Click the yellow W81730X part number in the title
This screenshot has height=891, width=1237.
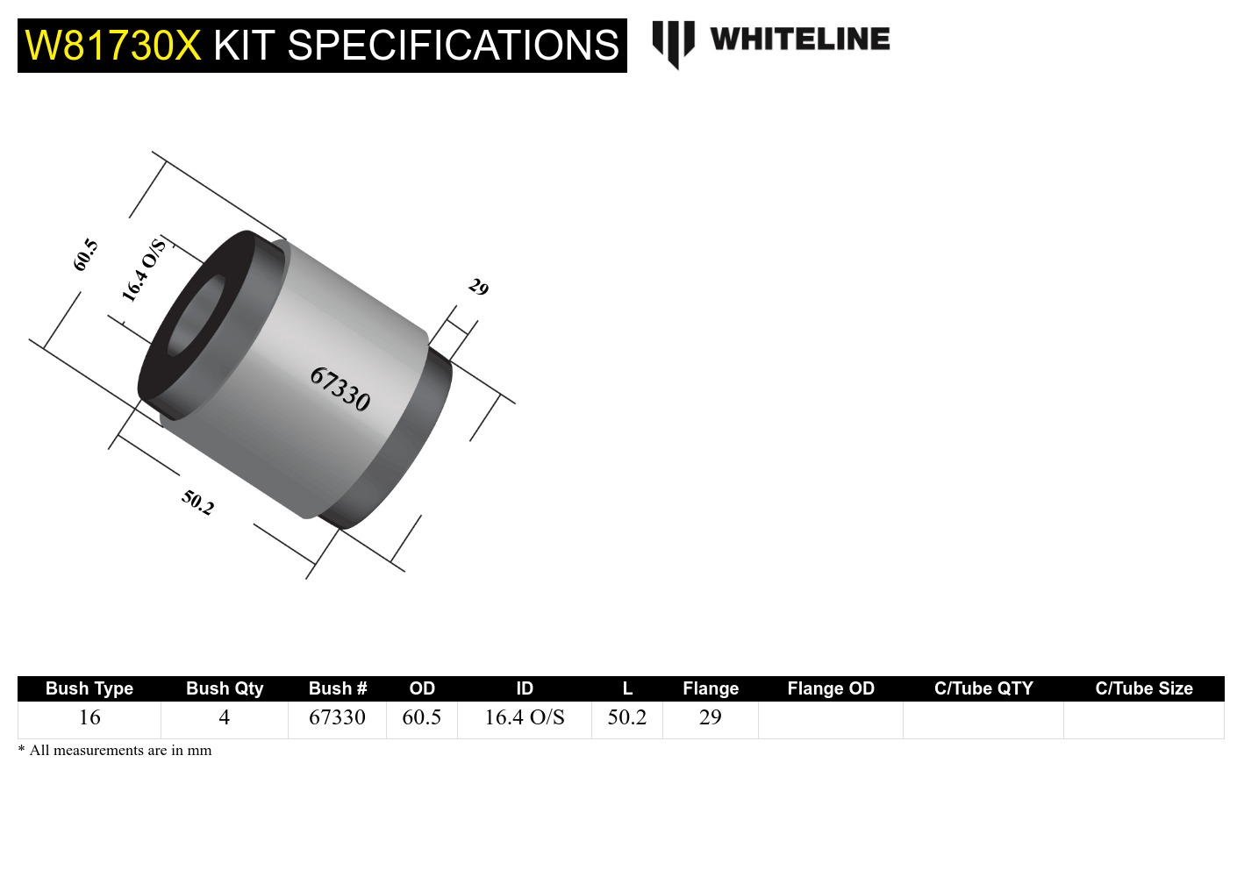tap(113, 46)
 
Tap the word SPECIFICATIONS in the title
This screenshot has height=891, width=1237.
tap(453, 46)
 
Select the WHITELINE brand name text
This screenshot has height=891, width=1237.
tap(799, 39)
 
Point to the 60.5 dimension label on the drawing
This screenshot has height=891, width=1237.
tap(85, 254)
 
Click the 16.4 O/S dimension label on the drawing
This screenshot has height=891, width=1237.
tap(143, 270)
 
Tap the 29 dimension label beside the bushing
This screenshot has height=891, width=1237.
tap(478, 287)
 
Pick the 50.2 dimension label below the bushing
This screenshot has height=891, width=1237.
tap(197, 503)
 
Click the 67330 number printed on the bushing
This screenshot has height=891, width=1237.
tap(340, 389)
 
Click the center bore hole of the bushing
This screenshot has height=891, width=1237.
tap(195, 316)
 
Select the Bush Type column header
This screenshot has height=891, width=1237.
tap(89, 688)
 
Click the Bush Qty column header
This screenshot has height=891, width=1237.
tap(225, 688)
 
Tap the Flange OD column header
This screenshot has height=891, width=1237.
tap(831, 688)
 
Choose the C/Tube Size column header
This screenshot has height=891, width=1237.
tap(1144, 688)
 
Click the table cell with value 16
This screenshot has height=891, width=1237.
tap(89, 717)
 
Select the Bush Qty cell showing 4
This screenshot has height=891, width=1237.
tap(225, 717)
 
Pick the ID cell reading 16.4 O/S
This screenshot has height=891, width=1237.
tap(525, 717)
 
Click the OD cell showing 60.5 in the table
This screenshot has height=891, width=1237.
tap(422, 717)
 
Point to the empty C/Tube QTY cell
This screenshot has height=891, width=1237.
tap(983, 719)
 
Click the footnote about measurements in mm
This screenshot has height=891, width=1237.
tap(115, 751)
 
